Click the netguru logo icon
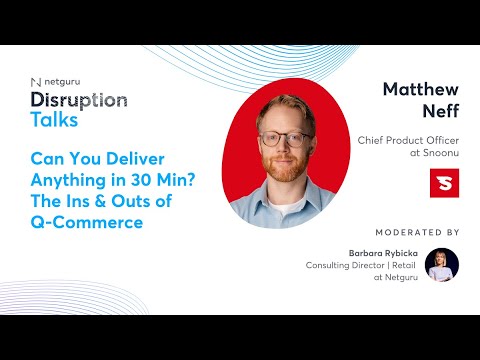point(36,82)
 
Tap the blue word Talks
point(54,120)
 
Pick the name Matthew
point(420,89)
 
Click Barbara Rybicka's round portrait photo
point(441,265)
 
